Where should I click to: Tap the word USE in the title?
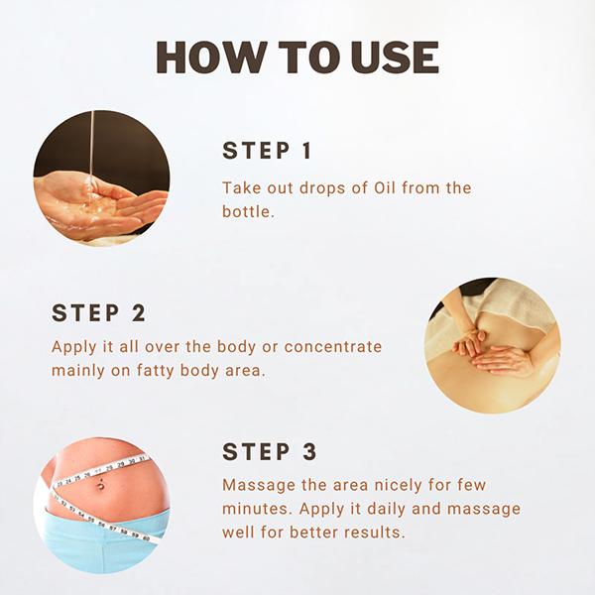[395, 58]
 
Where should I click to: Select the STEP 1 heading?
[267, 151]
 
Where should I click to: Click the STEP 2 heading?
[98, 313]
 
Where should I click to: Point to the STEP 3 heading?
[270, 452]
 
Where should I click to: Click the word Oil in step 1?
[385, 187]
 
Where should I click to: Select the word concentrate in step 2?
[333, 347]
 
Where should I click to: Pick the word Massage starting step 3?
[259, 485]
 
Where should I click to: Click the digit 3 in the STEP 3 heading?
[310, 452]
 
